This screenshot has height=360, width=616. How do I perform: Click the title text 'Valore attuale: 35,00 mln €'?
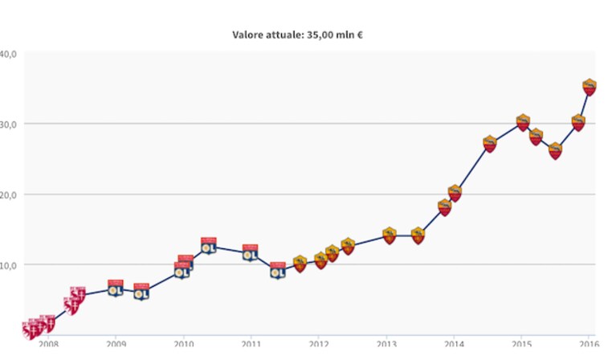297,35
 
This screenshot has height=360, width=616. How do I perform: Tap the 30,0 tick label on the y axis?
8,125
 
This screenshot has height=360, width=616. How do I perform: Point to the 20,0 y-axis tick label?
8,194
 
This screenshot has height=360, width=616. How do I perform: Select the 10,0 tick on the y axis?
8,265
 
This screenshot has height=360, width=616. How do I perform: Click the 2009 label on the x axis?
116,344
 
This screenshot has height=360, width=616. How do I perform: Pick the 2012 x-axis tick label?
319,344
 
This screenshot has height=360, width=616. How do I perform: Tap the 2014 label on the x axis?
454,344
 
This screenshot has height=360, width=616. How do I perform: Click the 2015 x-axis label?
522,344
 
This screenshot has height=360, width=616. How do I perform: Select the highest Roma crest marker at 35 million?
589,88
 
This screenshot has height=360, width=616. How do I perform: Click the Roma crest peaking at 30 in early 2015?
523,123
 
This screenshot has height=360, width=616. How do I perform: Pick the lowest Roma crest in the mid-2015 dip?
555,151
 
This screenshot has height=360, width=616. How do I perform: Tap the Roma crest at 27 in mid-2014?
489,144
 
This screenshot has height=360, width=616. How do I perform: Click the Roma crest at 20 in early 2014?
455,193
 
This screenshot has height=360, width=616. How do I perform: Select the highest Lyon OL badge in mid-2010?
209,246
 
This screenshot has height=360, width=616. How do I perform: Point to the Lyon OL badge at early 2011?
250,252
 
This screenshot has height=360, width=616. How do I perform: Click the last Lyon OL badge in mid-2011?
278,270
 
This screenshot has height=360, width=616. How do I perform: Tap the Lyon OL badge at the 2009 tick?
116,288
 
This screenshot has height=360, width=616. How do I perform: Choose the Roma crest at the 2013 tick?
390,235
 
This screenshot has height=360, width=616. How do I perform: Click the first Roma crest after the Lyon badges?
300,264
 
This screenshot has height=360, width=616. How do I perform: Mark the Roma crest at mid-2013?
418,235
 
